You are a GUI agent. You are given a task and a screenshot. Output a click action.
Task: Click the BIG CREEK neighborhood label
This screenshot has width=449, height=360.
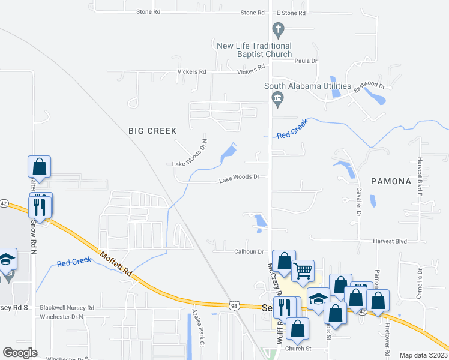[153, 131]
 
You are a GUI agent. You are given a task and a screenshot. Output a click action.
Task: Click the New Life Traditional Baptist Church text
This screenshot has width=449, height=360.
[254, 50]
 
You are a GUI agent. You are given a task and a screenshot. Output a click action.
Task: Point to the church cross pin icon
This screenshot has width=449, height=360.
[277, 28]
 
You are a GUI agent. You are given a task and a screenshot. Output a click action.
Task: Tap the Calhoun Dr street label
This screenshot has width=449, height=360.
[249, 252]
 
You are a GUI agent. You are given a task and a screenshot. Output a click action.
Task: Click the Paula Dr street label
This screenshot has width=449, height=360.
[306, 61]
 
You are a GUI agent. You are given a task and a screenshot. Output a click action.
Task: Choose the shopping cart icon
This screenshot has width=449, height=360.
[303, 271]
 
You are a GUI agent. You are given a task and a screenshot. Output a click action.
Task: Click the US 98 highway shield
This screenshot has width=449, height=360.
[234, 305]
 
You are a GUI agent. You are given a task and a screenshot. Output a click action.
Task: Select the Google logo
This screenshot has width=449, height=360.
[20, 353]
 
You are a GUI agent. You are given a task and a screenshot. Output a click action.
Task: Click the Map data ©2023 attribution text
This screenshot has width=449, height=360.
[423, 355]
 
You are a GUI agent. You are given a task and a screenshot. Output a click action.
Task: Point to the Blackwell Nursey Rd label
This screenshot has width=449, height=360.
[67, 308]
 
